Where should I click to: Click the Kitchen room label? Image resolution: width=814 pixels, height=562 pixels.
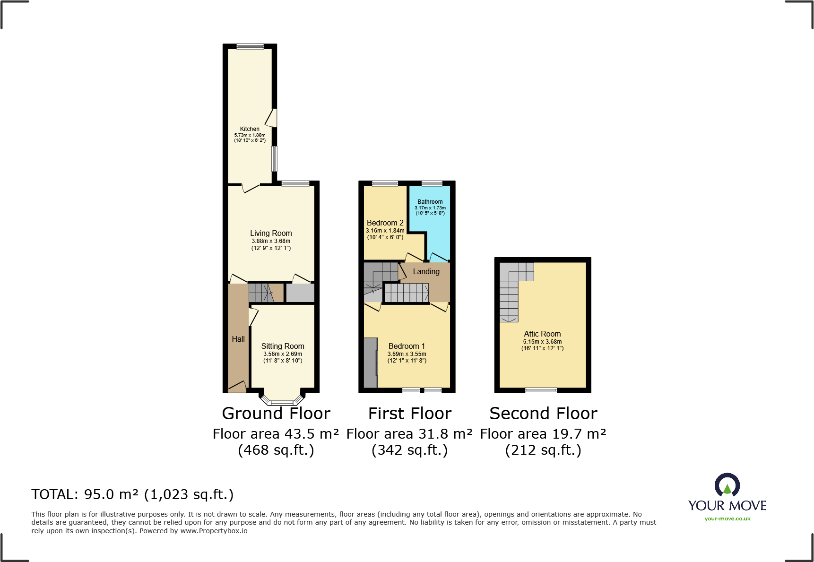coord(250,129)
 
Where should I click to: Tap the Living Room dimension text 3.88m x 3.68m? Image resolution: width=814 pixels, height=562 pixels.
coord(271,241)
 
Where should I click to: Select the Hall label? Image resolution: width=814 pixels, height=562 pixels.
coord(238,339)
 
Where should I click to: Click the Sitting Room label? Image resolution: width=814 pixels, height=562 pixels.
coord(283,346)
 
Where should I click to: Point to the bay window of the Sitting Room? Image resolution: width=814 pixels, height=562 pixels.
coord(282,402)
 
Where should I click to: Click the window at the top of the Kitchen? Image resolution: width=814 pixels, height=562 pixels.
coord(250,46)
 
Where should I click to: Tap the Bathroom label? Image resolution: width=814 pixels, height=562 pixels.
coord(430,201)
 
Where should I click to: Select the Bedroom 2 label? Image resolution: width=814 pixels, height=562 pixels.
coord(385,223)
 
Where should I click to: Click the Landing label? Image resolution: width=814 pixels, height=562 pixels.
coord(426,271)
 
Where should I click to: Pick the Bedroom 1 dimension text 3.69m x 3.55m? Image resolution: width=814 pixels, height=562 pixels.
coord(407,354)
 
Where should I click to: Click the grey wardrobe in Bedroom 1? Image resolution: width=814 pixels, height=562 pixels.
coord(371,362)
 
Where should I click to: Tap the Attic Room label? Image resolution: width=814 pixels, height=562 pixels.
coord(542,334)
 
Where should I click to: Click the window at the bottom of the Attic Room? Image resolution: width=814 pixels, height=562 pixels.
coord(541,390)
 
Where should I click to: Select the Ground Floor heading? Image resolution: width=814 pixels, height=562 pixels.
coord(276,414)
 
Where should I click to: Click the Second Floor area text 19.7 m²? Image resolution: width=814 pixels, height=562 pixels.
coord(543,434)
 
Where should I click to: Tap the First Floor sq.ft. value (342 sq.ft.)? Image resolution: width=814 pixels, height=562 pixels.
coord(409,450)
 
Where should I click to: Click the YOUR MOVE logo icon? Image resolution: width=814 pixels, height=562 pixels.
coord(727,485)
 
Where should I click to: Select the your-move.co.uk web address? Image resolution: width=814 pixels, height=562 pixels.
coord(727,519)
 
